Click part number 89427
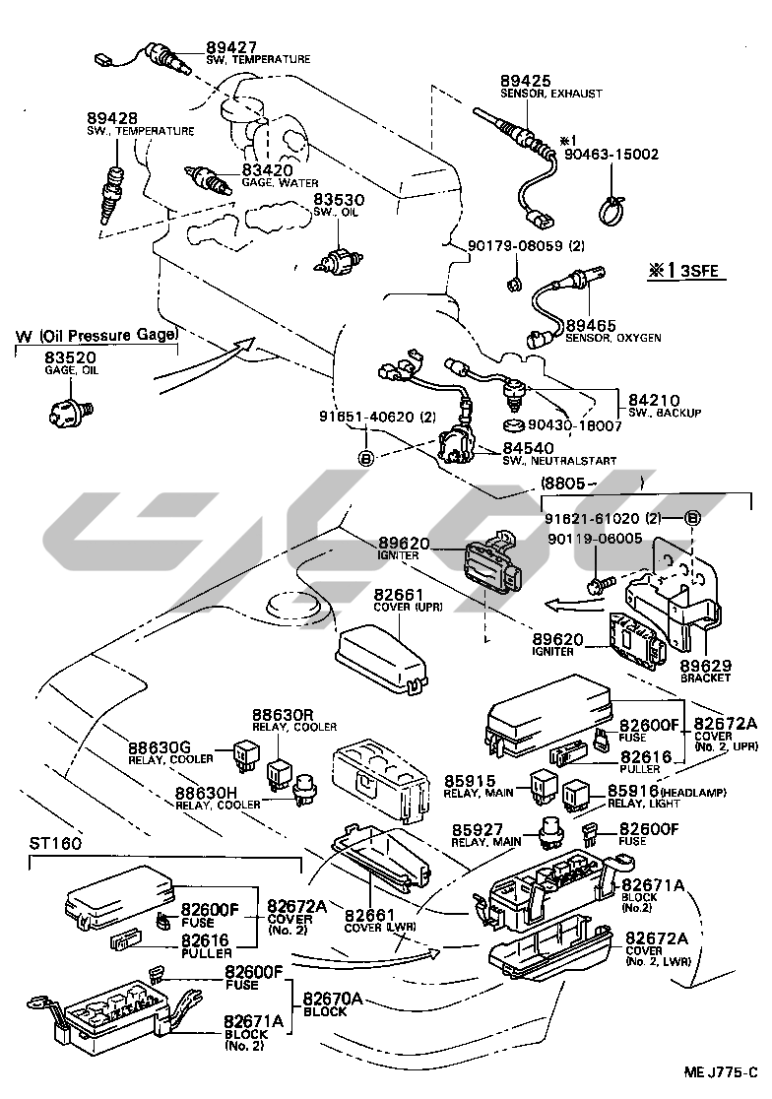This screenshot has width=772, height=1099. click(230, 45)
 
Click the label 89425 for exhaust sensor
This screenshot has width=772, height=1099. click(525, 80)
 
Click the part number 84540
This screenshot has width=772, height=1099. click(527, 448)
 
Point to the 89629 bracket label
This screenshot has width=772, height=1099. click(703, 665)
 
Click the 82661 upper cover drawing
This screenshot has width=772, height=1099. click(379, 650)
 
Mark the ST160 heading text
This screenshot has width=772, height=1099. click(55, 844)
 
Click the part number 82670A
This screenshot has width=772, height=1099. click(333, 998)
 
